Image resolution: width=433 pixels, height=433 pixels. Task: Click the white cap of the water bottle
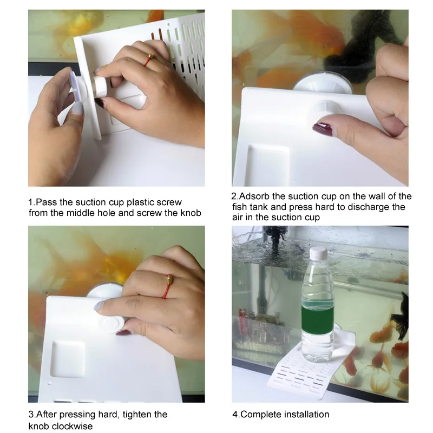(x=318, y=252)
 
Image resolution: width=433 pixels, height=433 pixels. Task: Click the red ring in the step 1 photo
(x=148, y=60)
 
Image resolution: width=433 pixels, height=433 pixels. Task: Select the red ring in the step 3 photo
(x=167, y=286)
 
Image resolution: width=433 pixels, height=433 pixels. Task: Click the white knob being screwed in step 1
(x=101, y=87)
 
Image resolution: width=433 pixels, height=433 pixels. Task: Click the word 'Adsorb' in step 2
(x=254, y=196)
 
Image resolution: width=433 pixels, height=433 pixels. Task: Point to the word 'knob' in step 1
(x=191, y=213)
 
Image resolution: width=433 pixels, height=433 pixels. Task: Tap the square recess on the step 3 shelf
(x=68, y=359)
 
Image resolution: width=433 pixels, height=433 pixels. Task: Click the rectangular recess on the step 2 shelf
(x=267, y=165)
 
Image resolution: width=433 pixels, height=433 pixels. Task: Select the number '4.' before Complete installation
(x=235, y=414)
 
